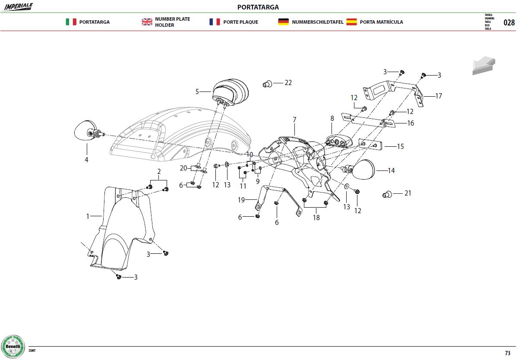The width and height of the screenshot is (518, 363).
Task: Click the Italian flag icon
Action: pyautogui.click(x=71, y=22)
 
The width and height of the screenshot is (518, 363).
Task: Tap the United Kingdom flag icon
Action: pyautogui.click(x=147, y=22)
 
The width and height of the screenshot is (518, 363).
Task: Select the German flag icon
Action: pyautogui.click(x=283, y=22)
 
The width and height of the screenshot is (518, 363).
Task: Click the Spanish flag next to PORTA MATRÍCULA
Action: pyautogui.click(x=351, y=22)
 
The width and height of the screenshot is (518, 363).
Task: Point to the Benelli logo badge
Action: pyautogui.click(x=13, y=347)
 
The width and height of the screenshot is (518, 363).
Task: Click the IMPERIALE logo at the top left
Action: pyautogui.click(x=18, y=7)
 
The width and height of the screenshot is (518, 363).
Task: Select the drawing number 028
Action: pyautogui.click(x=509, y=22)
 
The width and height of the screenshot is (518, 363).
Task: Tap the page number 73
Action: pyautogui.click(x=508, y=353)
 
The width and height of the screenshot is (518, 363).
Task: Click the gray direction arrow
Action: pyautogui.click(x=483, y=66)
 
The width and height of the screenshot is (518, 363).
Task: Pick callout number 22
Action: pyautogui.click(x=288, y=83)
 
